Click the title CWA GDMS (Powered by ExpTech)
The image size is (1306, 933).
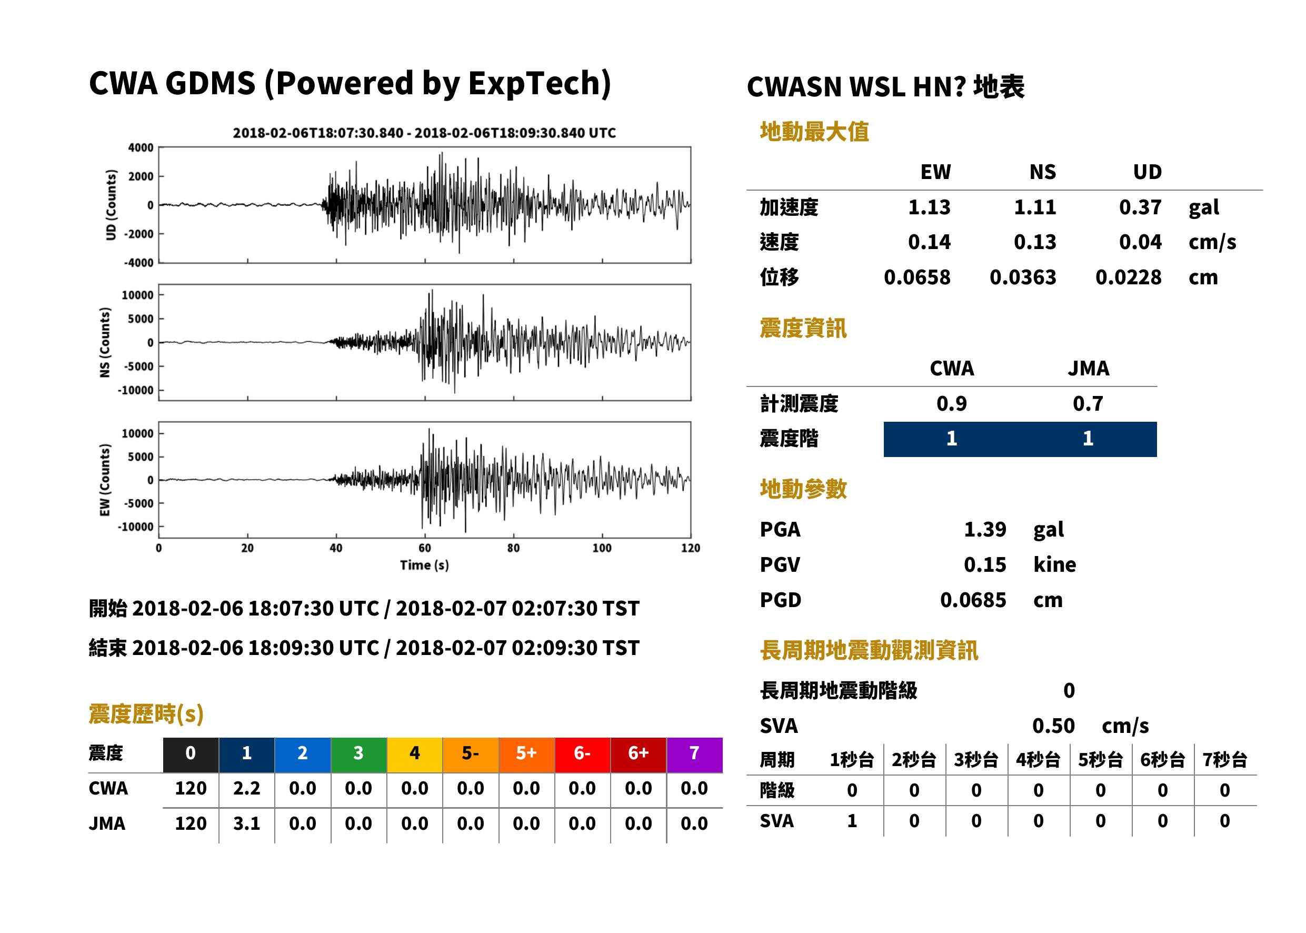(x=350, y=83)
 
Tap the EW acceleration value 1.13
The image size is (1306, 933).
(x=929, y=207)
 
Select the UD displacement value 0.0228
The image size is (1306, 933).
(x=1128, y=277)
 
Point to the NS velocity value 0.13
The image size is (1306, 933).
(x=1034, y=242)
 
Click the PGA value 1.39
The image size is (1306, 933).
(x=985, y=529)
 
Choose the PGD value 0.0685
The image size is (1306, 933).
(x=973, y=600)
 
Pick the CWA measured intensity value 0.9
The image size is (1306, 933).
(x=952, y=403)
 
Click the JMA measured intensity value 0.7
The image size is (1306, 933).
(x=1088, y=403)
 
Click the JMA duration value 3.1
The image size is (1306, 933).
(x=246, y=823)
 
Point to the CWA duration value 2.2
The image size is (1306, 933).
(x=246, y=788)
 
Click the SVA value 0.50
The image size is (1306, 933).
(x=1053, y=726)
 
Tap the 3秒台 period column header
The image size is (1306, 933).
(x=976, y=759)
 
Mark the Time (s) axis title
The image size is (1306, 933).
(x=424, y=565)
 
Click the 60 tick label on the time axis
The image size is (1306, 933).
(x=424, y=548)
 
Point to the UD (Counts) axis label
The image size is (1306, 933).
(x=111, y=205)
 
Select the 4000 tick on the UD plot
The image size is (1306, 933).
(x=141, y=147)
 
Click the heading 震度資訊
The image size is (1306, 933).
(x=803, y=328)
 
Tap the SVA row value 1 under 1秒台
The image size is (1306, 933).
(x=852, y=821)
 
